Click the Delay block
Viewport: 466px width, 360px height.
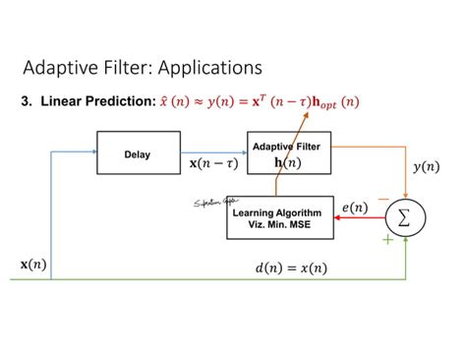(x=138, y=154)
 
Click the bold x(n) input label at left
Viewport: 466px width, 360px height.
(x=32, y=265)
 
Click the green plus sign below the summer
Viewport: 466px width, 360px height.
(x=387, y=239)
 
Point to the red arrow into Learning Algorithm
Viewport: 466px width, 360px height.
(x=355, y=220)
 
